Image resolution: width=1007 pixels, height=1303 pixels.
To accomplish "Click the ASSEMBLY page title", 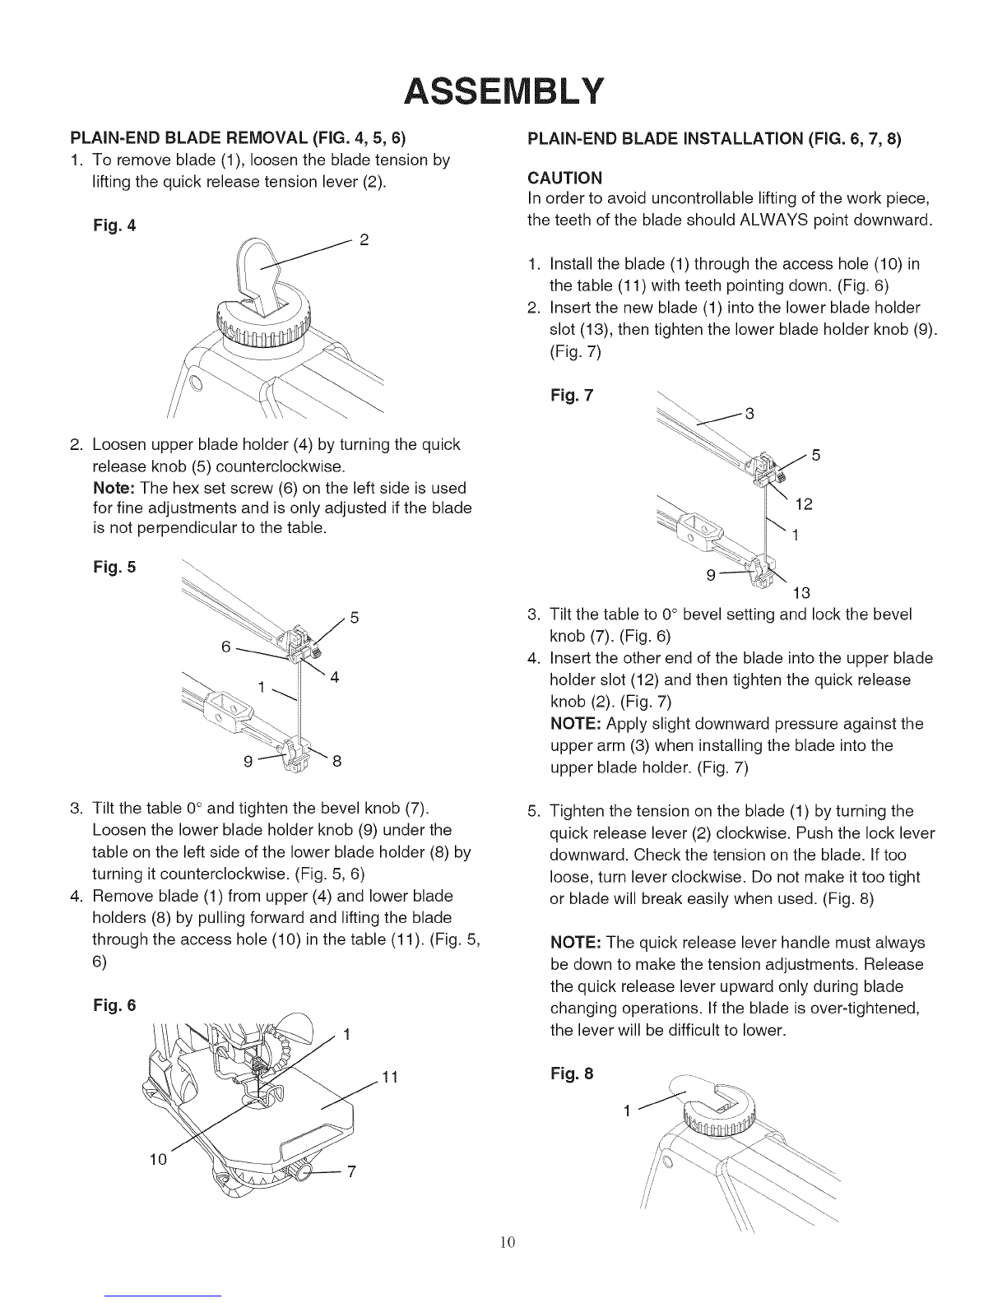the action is [503, 91].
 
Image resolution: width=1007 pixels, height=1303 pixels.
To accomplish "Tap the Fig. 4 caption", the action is [114, 226].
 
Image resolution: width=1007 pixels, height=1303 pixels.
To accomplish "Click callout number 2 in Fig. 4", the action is [364, 240].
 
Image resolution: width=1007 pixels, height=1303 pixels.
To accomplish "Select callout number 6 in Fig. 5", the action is [226, 647].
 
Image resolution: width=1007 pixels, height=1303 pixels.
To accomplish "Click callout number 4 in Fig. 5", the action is [335, 677].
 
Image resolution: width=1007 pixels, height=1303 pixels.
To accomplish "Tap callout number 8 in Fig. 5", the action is [337, 761].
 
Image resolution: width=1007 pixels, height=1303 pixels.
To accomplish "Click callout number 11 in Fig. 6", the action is [391, 1078].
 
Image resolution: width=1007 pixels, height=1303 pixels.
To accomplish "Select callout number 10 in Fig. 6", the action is [158, 1160].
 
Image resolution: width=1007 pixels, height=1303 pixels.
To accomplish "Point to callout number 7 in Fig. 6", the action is [352, 1171].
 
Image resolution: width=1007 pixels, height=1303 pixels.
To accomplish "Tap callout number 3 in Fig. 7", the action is [749, 414].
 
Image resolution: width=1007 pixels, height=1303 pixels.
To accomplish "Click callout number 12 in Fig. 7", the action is [804, 504].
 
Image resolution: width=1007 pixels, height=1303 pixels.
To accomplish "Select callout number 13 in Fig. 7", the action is [801, 593].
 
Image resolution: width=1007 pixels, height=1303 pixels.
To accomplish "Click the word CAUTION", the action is [565, 178].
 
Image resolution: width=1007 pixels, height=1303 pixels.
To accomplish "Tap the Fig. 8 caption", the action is [572, 1073].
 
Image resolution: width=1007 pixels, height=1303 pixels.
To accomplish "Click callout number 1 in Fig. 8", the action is [627, 1111].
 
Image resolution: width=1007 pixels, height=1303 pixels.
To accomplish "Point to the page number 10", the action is [508, 1242].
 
